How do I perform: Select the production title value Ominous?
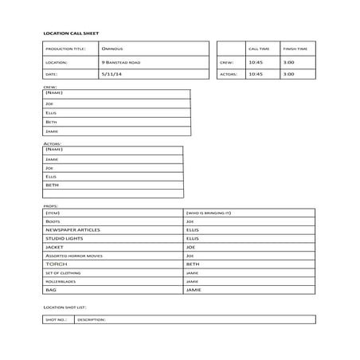point(112,49)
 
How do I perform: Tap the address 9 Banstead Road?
point(121,61)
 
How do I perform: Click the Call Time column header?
point(258,49)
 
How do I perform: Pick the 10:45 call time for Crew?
point(255,61)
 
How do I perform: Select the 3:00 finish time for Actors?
point(288,74)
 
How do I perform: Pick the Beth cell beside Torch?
point(192,264)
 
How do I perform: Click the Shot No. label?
point(57,319)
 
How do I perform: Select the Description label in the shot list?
point(92,319)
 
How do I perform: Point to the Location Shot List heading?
point(65,306)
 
